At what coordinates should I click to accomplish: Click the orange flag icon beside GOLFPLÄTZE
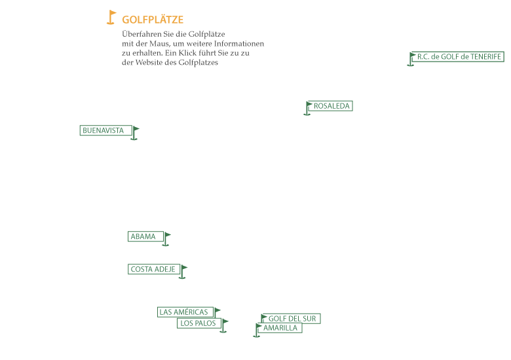111,17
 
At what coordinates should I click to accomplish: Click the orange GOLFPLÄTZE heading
153,20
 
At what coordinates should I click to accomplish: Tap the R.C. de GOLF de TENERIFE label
458,57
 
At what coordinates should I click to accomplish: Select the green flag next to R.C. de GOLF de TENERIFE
411,59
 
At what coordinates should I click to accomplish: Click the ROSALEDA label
330,106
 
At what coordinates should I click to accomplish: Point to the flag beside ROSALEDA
307,109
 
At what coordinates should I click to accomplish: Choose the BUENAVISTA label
106,130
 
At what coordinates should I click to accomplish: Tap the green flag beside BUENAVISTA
134,133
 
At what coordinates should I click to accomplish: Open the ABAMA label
145,236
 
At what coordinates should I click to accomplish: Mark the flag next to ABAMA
166,239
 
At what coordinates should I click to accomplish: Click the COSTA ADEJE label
154,269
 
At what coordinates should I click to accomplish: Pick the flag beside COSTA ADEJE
183,272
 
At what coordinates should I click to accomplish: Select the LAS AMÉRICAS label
185,312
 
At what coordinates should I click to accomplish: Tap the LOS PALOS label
199,323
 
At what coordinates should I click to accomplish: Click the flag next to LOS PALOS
224,326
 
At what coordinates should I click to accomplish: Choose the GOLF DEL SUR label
292,318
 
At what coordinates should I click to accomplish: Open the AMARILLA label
280,328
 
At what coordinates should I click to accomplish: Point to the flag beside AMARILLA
257,331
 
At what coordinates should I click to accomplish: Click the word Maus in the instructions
159,44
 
